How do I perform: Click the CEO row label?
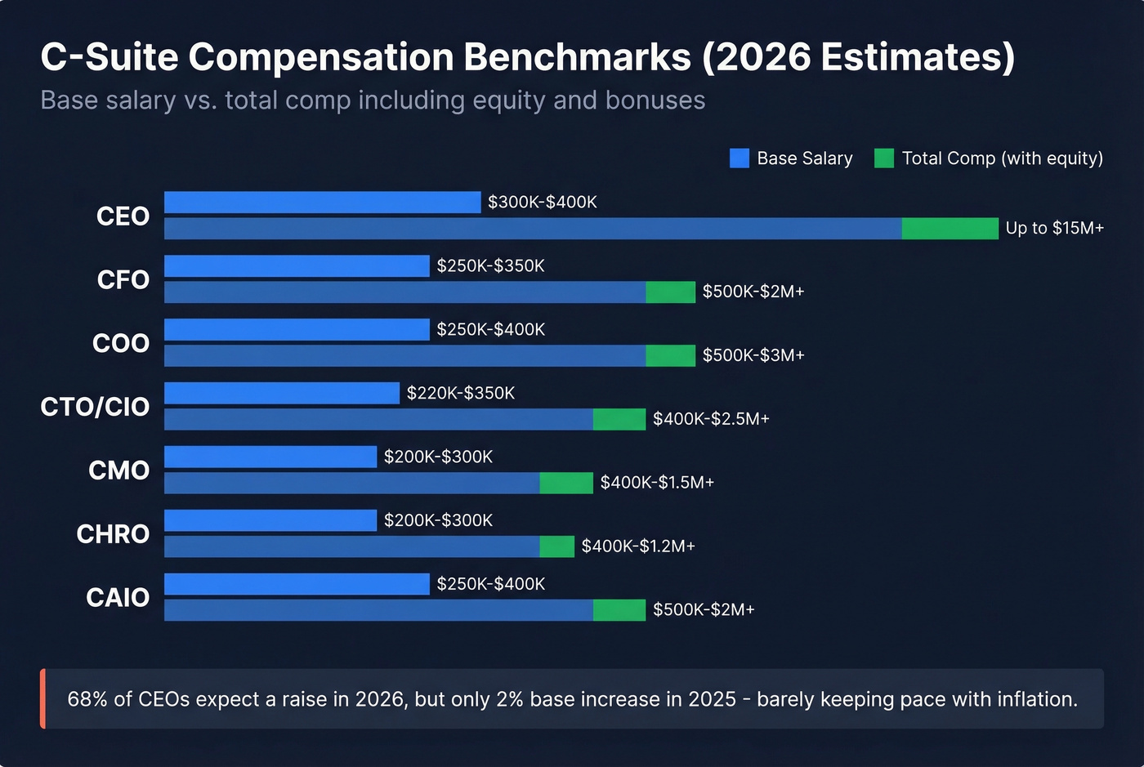[123, 216]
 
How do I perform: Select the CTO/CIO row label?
[95, 407]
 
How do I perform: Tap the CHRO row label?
[113, 534]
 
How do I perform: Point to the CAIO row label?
[118, 598]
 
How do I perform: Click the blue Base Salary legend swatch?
[739, 158]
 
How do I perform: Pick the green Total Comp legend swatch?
[883, 158]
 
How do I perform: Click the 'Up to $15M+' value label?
[1054, 229]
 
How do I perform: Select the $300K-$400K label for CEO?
[542, 203]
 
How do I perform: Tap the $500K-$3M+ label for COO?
[753, 355]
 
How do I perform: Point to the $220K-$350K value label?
[461, 394]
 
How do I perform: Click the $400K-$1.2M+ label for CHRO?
[637, 546]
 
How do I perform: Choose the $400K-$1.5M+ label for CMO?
[657, 483]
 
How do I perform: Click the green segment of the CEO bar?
[950, 229]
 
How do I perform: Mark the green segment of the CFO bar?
[670, 292]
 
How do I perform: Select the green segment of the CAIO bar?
[619, 610]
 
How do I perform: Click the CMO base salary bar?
[270, 457]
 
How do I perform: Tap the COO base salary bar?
[297, 330]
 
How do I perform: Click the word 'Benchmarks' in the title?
[577, 57]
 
